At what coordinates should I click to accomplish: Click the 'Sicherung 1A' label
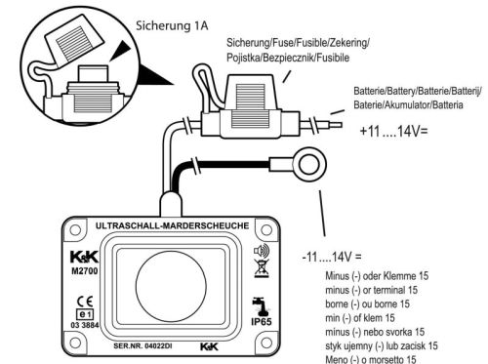point(172,25)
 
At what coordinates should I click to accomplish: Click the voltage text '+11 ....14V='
point(393,131)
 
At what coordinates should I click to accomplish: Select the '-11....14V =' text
point(332,257)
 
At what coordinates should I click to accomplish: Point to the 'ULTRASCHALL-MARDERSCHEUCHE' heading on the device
point(173,225)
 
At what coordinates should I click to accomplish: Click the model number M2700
point(85,271)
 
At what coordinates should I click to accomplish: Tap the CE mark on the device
point(85,302)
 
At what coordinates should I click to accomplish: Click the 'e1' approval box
point(85,314)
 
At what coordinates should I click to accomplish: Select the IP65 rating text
point(262,322)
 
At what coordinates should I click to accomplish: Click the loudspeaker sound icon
point(262,251)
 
